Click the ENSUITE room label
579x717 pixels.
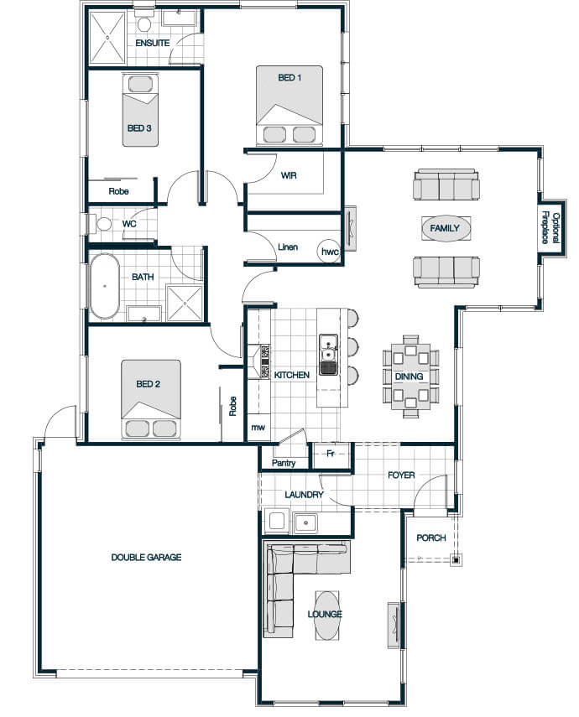click(x=153, y=43)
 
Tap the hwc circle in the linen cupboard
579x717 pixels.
click(x=330, y=251)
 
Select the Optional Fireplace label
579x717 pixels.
click(x=550, y=227)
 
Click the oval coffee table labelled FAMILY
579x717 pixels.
click(x=445, y=228)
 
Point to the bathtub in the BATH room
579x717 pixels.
click(x=105, y=286)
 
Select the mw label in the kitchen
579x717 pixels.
click(x=258, y=428)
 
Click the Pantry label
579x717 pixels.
click(x=284, y=463)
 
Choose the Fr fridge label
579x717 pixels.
click(x=331, y=454)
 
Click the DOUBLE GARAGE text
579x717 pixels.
click(x=147, y=557)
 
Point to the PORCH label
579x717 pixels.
click(x=431, y=538)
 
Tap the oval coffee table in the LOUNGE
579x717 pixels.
click(x=328, y=616)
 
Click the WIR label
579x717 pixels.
click(x=289, y=175)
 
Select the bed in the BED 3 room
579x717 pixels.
click(x=140, y=110)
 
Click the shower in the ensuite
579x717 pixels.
click(x=107, y=38)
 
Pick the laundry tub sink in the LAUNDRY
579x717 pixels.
click(x=305, y=523)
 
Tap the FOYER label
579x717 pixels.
click(x=401, y=475)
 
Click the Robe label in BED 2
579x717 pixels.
click(x=232, y=406)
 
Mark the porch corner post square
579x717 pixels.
click(x=456, y=559)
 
